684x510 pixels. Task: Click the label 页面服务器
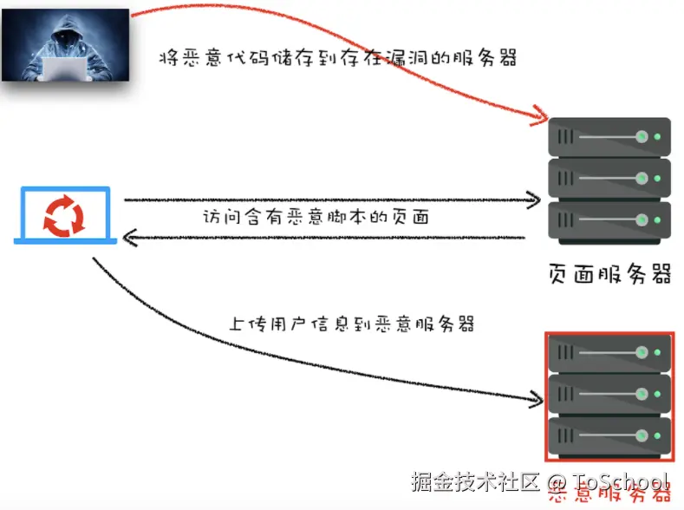click(x=610, y=273)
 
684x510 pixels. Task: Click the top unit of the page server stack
click(x=610, y=137)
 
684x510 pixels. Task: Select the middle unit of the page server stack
click(x=610, y=178)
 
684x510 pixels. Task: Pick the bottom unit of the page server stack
click(x=610, y=219)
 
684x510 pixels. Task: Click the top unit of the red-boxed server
click(x=610, y=353)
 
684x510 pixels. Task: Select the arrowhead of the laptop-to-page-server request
click(x=534, y=201)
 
